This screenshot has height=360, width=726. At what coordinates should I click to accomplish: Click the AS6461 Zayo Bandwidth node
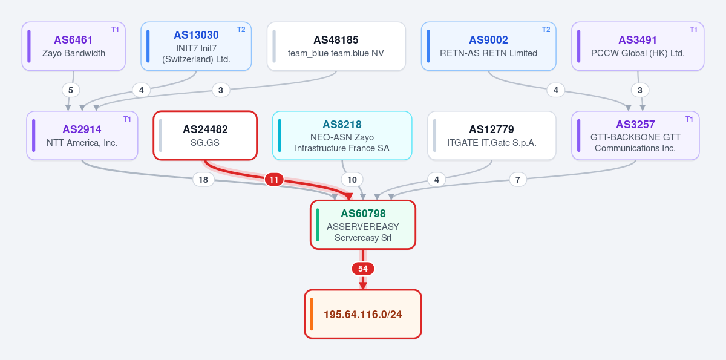click(74, 46)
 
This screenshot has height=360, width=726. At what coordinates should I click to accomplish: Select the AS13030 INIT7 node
click(196, 46)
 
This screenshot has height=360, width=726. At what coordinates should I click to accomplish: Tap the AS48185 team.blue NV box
click(336, 46)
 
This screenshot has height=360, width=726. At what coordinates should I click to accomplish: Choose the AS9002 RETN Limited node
click(488, 46)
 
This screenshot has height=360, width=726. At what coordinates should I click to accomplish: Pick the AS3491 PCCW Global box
click(638, 46)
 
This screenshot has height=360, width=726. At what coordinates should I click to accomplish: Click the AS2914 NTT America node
click(82, 136)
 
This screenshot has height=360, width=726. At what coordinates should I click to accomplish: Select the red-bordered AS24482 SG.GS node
click(205, 136)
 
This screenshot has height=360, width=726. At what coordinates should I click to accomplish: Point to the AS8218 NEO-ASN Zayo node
click(342, 136)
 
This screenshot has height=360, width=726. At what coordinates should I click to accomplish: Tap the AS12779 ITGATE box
click(492, 136)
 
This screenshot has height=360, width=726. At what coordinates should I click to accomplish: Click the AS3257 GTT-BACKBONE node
click(635, 136)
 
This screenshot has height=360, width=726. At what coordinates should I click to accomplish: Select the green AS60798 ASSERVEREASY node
click(363, 225)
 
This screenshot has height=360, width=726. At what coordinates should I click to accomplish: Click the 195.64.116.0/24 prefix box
click(363, 314)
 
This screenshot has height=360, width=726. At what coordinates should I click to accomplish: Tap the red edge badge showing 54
click(363, 269)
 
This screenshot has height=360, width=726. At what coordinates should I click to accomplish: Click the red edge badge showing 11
click(274, 180)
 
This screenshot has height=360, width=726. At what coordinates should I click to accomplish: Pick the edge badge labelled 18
click(203, 180)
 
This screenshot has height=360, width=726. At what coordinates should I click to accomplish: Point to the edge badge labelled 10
click(352, 180)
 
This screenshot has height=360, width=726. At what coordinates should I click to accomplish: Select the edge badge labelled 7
click(518, 180)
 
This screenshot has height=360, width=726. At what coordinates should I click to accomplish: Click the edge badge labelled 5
click(71, 90)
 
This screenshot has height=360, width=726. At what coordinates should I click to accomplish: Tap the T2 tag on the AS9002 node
click(546, 30)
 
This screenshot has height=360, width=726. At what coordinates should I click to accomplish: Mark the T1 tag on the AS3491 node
click(693, 30)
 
